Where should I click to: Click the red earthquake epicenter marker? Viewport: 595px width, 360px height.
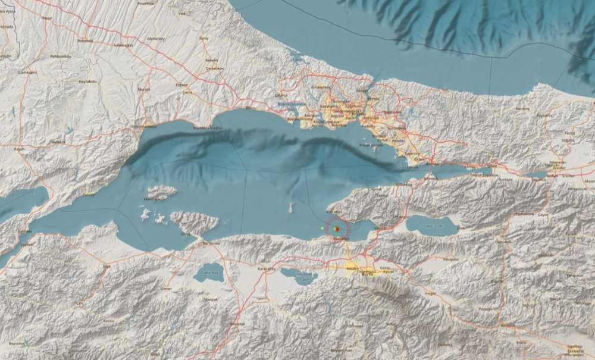(x=337, y=229)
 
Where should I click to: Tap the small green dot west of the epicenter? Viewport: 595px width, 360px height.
(x=322, y=228)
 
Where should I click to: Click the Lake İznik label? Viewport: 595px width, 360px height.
(x=433, y=226)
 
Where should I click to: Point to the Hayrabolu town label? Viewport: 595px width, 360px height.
(x=87, y=81)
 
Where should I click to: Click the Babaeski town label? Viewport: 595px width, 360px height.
(x=84, y=40)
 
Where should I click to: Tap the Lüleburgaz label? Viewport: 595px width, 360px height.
(x=123, y=45)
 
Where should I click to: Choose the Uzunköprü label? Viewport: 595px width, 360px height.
(x=27, y=71)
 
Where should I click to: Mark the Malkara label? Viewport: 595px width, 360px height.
(x=58, y=142)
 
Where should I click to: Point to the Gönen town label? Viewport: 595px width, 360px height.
(x=166, y=289)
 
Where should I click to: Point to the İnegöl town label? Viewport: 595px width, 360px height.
(x=431, y=293)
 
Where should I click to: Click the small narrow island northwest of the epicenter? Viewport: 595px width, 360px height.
(x=291, y=208)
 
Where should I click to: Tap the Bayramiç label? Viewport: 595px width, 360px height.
(x=17, y=343)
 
